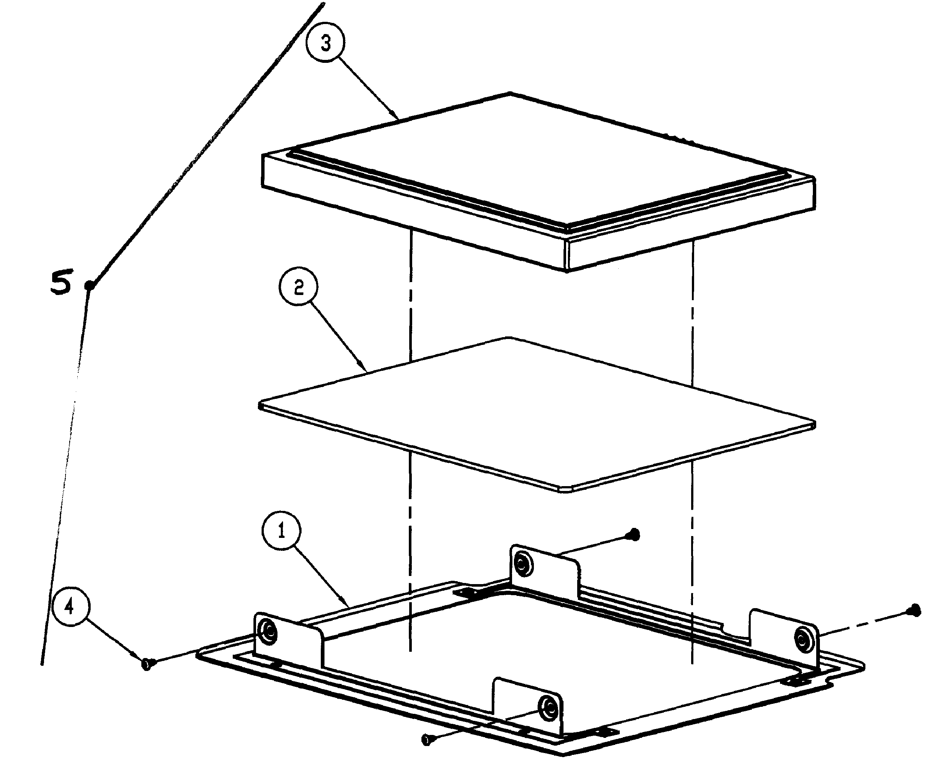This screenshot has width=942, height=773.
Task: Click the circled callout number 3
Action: tap(326, 44)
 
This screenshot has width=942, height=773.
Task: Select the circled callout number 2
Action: tap(299, 287)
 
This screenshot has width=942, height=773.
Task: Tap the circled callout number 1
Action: tap(281, 531)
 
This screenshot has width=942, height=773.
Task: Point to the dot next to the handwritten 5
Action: tap(90, 285)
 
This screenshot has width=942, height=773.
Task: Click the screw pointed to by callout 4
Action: tap(147, 664)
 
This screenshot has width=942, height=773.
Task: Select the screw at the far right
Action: tap(915, 610)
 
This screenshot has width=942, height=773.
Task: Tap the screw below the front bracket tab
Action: tap(427, 740)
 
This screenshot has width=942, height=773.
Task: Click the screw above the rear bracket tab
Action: tap(635, 534)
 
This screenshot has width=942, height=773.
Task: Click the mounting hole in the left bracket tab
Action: tap(269, 631)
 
